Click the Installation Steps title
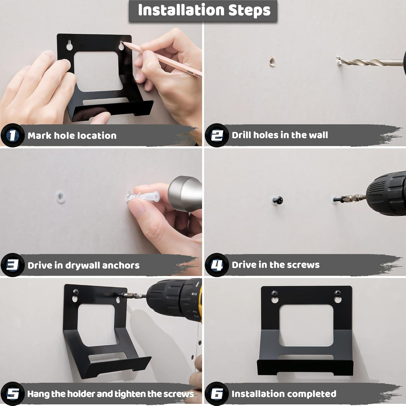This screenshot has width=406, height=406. pyautogui.click(x=204, y=10)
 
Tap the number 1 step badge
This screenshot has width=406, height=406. pyautogui.click(x=12, y=135)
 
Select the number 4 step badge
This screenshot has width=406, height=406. pyautogui.click(x=217, y=265)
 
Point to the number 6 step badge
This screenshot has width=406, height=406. pyautogui.click(x=217, y=394)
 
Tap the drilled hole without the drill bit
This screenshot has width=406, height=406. pyautogui.click(x=272, y=61)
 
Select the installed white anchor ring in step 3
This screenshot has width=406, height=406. pyautogui.click(x=60, y=197)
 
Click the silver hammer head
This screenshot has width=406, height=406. pyautogui.click(x=185, y=193)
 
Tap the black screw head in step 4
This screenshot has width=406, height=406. pyautogui.click(x=278, y=201)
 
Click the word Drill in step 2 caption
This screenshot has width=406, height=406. pyautogui.click(x=241, y=135)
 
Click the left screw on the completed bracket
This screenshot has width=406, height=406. pyautogui.click(x=274, y=293)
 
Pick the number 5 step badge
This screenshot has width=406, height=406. pyautogui.click(x=12, y=394)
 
